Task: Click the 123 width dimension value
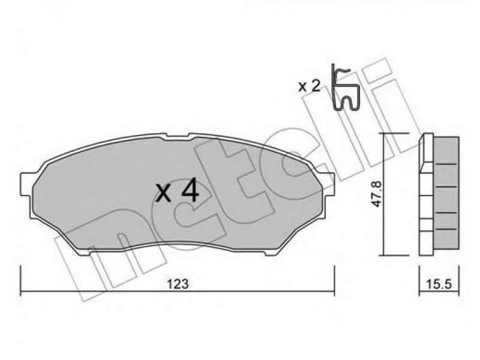tap(178, 284)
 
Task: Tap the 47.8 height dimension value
tap(377, 194)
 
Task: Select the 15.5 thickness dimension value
tap(439, 284)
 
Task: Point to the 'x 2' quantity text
tap(309, 86)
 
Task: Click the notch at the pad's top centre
tap(177, 137)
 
